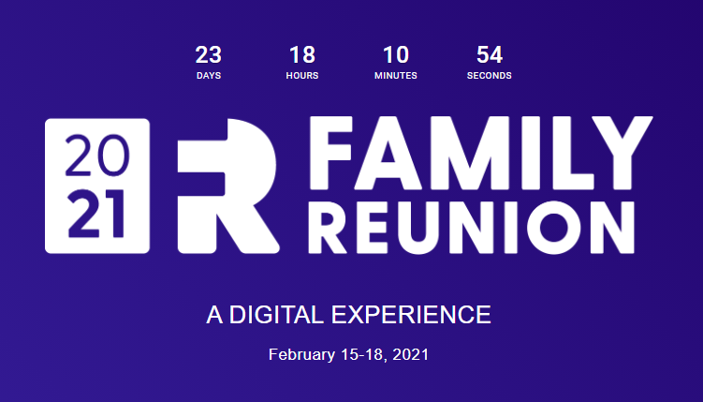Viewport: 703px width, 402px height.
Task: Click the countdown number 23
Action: [x=209, y=55]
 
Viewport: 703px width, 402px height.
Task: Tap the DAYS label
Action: [x=209, y=76]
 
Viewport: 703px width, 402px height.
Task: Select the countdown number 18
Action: [x=302, y=55]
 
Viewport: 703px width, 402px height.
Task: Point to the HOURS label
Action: [x=302, y=76]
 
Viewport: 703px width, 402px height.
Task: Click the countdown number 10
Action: [x=396, y=55]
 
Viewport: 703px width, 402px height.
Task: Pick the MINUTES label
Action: [x=396, y=76]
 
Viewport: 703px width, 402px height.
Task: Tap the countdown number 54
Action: [x=490, y=55]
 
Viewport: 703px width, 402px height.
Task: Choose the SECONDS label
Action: [x=490, y=76]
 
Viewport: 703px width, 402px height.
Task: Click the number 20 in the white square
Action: [x=97, y=156]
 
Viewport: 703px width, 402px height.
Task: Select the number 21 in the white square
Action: [x=95, y=214]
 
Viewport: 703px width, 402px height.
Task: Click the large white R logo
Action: [x=227, y=186]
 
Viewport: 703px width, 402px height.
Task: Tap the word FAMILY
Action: [x=480, y=153]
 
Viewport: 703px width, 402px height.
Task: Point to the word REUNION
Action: [x=471, y=228]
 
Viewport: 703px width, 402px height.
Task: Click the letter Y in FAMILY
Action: [x=622, y=153]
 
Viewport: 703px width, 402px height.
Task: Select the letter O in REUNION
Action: [x=554, y=228]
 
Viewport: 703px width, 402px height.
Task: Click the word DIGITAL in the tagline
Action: [x=276, y=315]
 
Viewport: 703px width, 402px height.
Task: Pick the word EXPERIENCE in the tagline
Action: [x=411, y=315]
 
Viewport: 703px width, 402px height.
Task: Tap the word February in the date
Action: [x=301, y=355]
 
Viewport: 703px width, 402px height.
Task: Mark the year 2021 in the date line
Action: [x=410, y=355]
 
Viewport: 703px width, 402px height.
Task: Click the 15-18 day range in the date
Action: [x=362, y=355]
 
